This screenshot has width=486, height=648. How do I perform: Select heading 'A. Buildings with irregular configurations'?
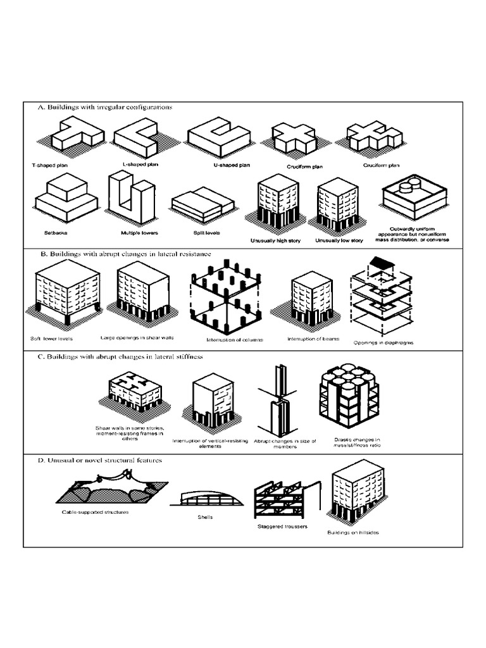104,107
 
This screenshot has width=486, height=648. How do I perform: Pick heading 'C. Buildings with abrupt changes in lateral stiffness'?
120,358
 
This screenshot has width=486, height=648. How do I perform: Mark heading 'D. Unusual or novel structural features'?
99,460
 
